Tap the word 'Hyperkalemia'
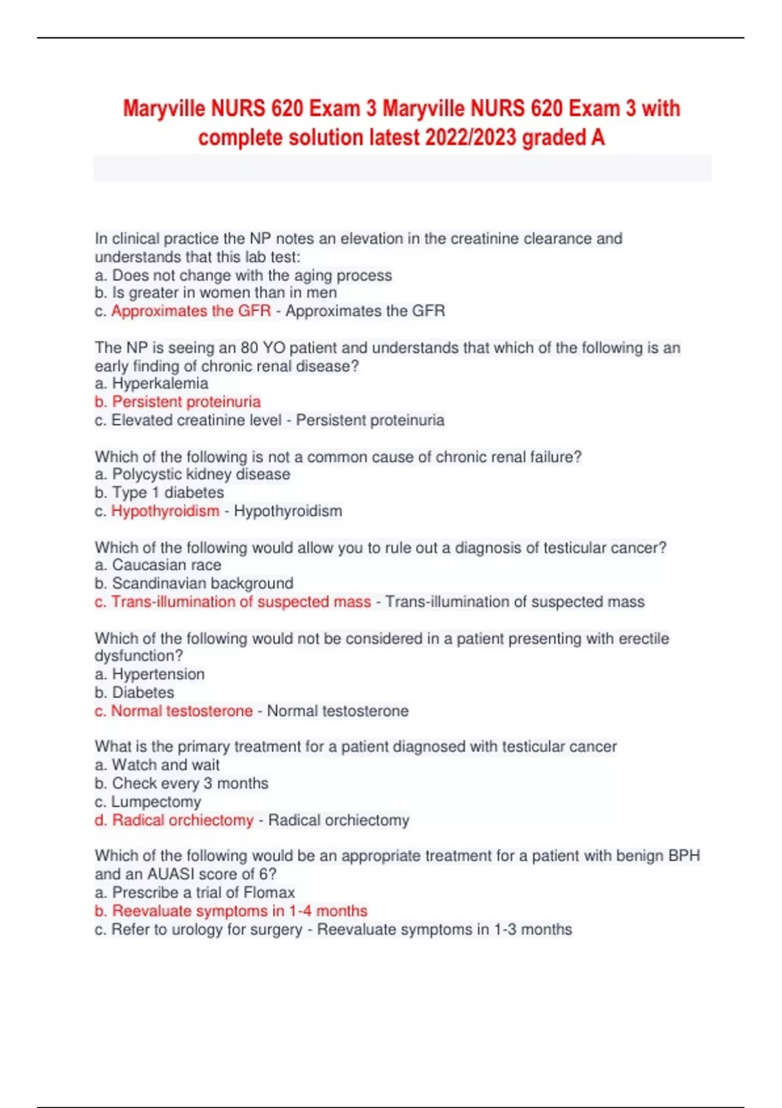tap(160, 383)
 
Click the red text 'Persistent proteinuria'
tap(186, 401)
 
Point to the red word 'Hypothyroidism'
tap(165, 511)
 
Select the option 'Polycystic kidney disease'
tap(201, 474)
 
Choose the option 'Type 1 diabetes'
tap(167, 493)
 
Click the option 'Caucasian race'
tap(166, 565)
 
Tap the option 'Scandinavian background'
tap(202, 583)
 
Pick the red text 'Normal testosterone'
tap(182, 711)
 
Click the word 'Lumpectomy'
tap(156, 802)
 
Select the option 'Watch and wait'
tap(166, 765)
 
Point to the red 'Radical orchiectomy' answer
tap(182, 820)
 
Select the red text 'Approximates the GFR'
tap(191, 311)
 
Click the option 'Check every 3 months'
tap(190, 783)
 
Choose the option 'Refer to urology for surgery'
tap(207, 929)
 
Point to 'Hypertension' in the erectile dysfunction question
tap(158, 675)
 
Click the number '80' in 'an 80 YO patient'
tap(250, 348)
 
